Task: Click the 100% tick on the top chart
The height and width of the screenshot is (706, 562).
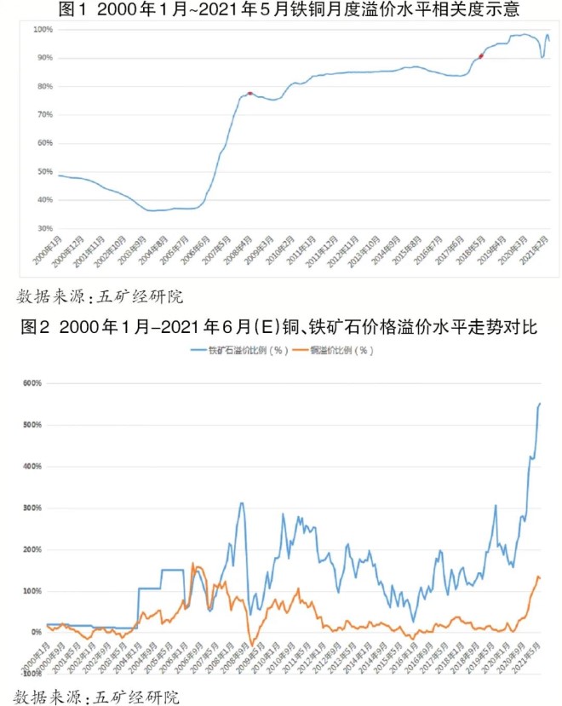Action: point(43,30)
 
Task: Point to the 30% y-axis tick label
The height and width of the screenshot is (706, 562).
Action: point(44,229)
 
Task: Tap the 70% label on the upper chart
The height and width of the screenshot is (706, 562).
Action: point(44,115)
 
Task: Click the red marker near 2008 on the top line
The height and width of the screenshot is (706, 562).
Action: point(249,93)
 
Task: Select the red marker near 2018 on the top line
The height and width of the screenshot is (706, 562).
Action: point(481,56)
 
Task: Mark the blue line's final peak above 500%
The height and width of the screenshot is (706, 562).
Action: point(540,404)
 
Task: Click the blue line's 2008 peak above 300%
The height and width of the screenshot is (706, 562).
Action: point(242,503)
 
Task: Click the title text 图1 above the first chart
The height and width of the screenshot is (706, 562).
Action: point(72,10)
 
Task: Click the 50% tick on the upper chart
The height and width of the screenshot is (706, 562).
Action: point(44,172)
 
